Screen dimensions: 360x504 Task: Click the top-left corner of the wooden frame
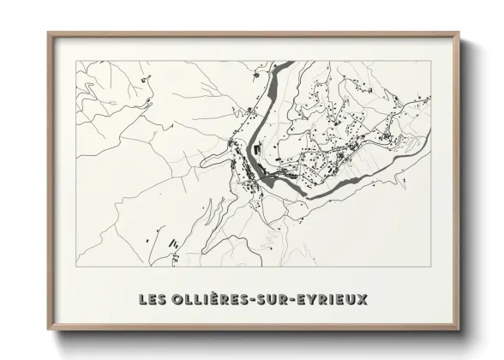tap(46, 32)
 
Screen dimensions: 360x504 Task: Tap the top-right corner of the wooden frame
tap(459, 32)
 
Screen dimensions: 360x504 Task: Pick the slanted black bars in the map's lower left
tap(171, 243)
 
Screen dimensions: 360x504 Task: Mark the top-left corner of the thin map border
tap(76, 62)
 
